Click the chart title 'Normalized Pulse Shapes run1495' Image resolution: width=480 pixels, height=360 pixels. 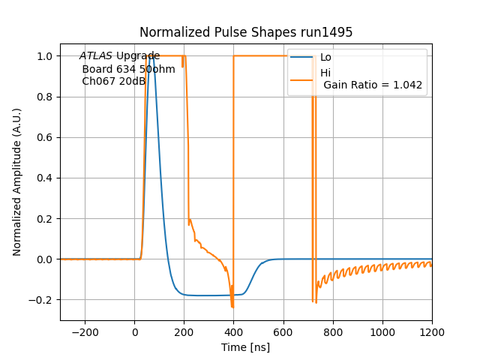[246, 32]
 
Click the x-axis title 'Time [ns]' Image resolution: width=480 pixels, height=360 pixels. [246, 347]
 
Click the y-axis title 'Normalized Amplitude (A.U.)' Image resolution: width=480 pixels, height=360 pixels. [17, 181]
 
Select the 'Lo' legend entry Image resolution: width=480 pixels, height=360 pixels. [325, 58]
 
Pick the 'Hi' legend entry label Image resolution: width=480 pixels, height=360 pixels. [325, 73]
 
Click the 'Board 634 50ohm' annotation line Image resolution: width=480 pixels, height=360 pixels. [128, 69]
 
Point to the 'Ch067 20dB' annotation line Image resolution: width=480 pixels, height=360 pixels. [113, 82]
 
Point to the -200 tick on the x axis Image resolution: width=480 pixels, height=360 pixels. [85, 332]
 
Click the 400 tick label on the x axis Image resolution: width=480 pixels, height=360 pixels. [234, 332]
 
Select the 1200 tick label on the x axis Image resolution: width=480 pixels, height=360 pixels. [432, 332]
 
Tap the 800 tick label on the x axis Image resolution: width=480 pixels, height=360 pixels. [333, 332]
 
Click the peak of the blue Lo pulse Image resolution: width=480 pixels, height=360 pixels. [152, 56]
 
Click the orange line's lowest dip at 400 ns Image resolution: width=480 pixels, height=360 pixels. [232, 307]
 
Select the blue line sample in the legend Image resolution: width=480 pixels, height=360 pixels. [302, 58]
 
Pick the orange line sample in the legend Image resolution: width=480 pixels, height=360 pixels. [302, 73]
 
